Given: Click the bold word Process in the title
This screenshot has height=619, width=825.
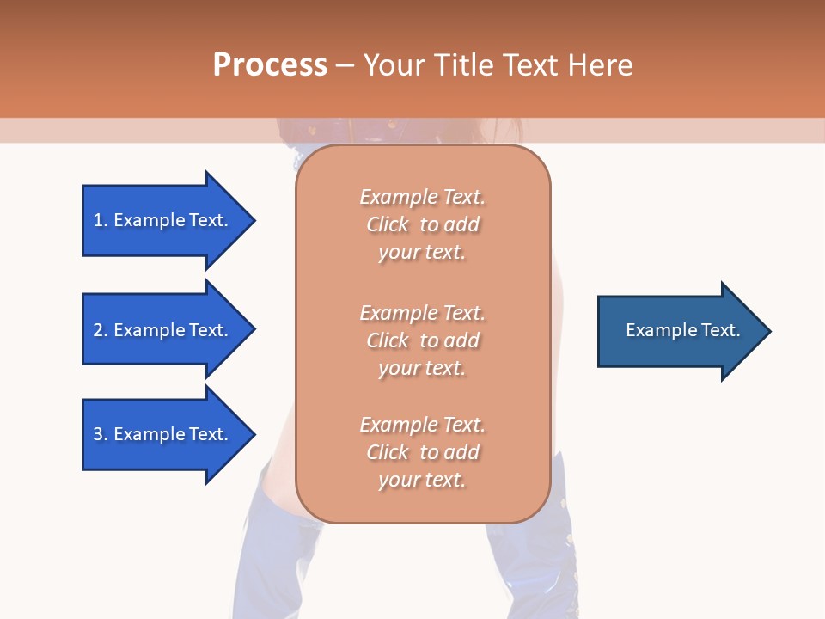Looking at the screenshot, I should click(270, 65).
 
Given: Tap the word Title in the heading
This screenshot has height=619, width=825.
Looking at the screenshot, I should click(462, 65).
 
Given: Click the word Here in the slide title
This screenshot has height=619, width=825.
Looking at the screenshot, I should click(601, 65).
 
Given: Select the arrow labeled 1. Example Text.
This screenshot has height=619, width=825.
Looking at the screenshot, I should click(163, 220).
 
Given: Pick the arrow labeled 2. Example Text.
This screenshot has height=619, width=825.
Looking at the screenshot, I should click(163, 330).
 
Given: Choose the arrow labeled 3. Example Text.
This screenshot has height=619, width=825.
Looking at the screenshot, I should click(163, 434).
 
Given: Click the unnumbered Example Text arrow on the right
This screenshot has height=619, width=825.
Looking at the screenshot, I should click(679, 330).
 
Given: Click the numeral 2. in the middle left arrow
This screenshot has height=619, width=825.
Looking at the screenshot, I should click(101, 330).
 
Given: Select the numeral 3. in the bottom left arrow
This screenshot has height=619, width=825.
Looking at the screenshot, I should click(101, 434).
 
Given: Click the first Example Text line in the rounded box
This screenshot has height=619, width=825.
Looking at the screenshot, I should click(422, 197).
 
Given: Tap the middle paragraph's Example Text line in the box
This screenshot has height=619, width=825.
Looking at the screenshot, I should click(422, 313).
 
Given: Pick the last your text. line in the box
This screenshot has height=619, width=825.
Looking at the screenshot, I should click(422, 480).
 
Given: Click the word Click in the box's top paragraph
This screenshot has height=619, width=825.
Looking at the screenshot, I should click(388, 224).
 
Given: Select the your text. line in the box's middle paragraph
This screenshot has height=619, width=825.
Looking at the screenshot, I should click(422, 368).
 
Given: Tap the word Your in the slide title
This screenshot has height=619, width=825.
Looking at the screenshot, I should click(394, 65).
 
